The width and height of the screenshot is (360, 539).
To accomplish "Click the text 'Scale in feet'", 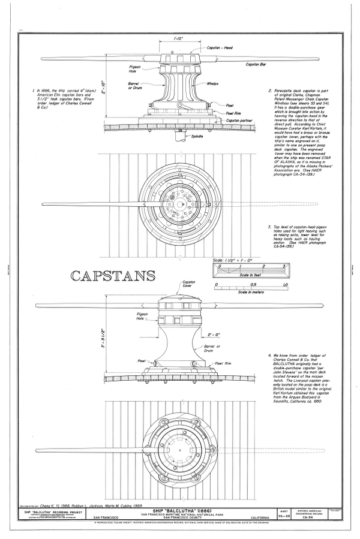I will coord(250,273).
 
